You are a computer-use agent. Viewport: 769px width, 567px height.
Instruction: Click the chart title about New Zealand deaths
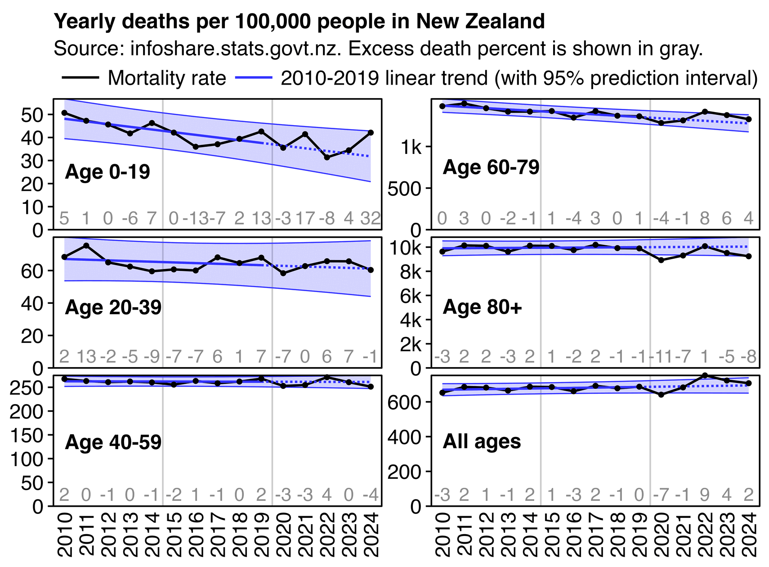pyautogui.click(x=299, y=21)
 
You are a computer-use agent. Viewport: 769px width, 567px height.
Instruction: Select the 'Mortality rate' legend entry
pyautogui.click(x=166, y=78)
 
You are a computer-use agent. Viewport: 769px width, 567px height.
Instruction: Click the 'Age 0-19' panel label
pyautogui.click(x=107, y=172)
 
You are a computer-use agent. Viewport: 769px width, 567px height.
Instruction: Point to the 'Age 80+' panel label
pyautogui.click(x=482, y=307)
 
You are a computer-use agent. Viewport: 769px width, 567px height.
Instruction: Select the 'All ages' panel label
pyautogui.click(x=482, y=441)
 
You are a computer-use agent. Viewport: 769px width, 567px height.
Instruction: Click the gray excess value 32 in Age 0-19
pyautogui.click(x=371, y=219)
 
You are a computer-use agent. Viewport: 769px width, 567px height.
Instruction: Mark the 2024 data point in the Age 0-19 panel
pyautogui.click(x=371, y=133)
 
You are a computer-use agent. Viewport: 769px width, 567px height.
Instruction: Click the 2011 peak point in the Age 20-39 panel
pyautogui.click(x=86, y=246)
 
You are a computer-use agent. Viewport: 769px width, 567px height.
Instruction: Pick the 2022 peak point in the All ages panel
pyautogui.click(x=705, y=376)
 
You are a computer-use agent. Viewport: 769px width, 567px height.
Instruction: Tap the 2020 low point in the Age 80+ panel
pyautogui.click(x=661, y=260)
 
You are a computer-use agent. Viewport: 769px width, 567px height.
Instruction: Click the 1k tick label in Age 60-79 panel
pyautogui.click(x=411, y=147)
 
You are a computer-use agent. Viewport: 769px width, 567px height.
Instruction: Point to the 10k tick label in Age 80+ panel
pyautogui.click(x=405, y=248)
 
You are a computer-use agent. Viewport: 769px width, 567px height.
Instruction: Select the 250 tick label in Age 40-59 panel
pyautogui.click(x=26, y=387)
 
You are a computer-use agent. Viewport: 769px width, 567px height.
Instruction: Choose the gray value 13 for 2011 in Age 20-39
pyautogui.click(x=86, y=357)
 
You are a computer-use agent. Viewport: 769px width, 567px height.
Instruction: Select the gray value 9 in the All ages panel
pyautogui.click(x=705, y=495)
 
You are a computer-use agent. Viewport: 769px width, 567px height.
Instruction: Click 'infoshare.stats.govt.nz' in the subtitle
pyautogui.click(x=234, y=49)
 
